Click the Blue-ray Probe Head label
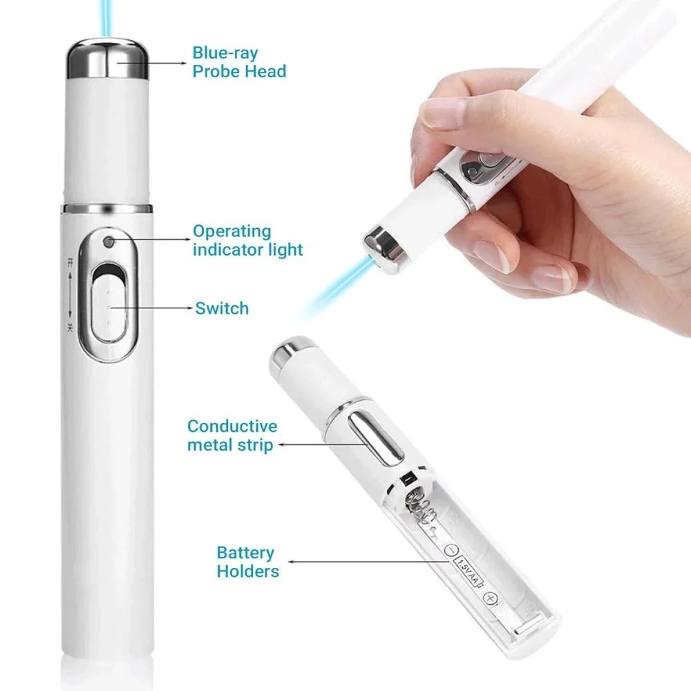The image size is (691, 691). click(x=238, y=61)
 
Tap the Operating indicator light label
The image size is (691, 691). click(x=247, y=240)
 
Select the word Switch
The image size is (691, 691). click(x=221, y=307)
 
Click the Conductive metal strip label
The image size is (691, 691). click(x=231, y=435)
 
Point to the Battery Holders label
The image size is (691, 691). click(x=247, y=562)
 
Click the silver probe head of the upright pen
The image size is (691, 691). click(x=107, y=58)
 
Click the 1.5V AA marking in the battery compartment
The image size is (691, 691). click(x=468, y=571)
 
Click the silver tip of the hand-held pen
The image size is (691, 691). click(x=383, y=243)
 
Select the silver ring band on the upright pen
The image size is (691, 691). click(x=107, y=208)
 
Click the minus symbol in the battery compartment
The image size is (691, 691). click(x=451, y=550)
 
